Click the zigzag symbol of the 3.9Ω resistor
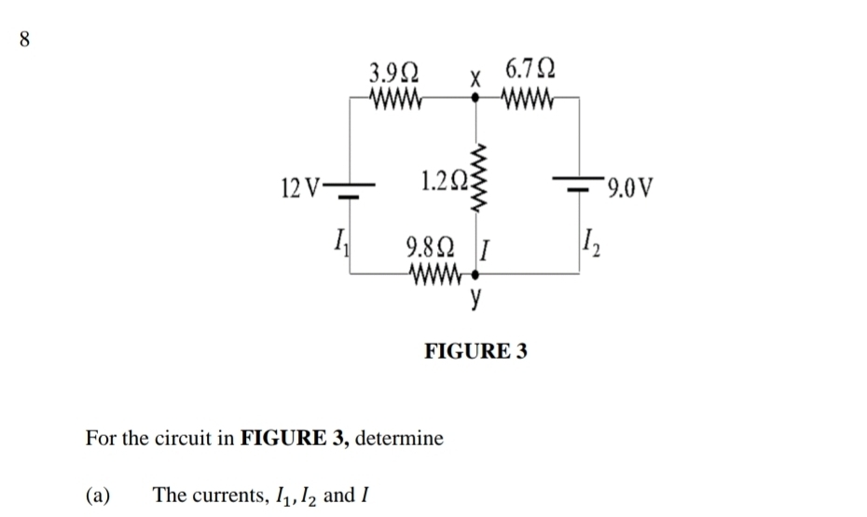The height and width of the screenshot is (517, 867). click(x=397, y=97)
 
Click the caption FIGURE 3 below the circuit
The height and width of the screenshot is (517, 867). click(x=475, y=351)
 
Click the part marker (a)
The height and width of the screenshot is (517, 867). click(x=98, y=494)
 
